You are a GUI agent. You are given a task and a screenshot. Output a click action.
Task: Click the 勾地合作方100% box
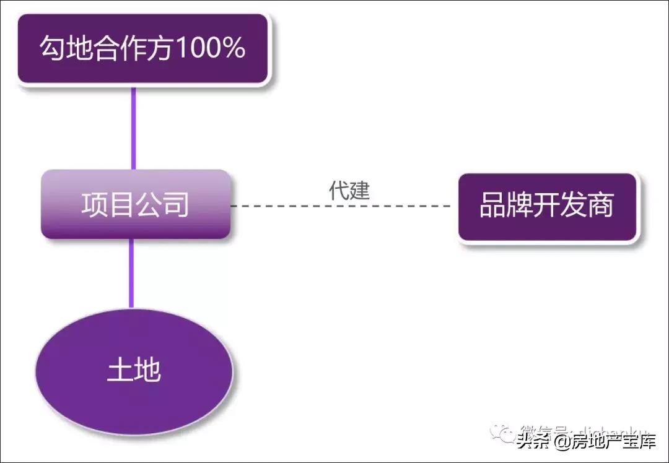(143, 48)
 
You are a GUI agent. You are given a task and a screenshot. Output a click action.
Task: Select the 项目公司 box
(136, 204)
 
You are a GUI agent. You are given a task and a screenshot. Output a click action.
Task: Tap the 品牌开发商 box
(547, 207)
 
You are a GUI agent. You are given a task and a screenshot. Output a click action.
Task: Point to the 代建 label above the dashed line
(349, 191)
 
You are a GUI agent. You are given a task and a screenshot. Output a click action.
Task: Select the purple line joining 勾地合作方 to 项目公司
(133, 128)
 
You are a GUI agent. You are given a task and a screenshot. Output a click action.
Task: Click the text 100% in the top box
(211, 49)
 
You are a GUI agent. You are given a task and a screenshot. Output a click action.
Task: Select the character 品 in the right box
(493, 206)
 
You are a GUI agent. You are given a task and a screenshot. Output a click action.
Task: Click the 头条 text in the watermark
(534, 441)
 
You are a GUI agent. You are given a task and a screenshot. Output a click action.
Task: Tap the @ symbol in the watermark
(563, 442)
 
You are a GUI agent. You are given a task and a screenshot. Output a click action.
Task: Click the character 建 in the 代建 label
(359, 191)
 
